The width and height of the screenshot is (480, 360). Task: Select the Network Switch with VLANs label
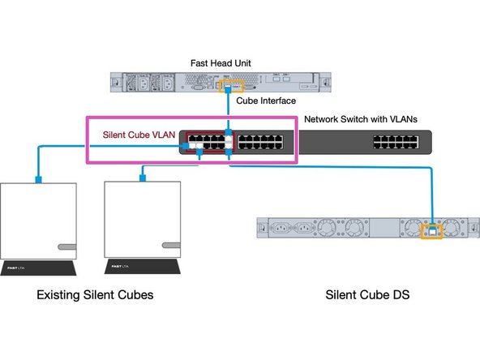pyautogui.click(x=360, y=119)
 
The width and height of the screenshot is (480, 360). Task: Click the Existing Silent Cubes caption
pyautogui.click(x=95, y=296)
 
